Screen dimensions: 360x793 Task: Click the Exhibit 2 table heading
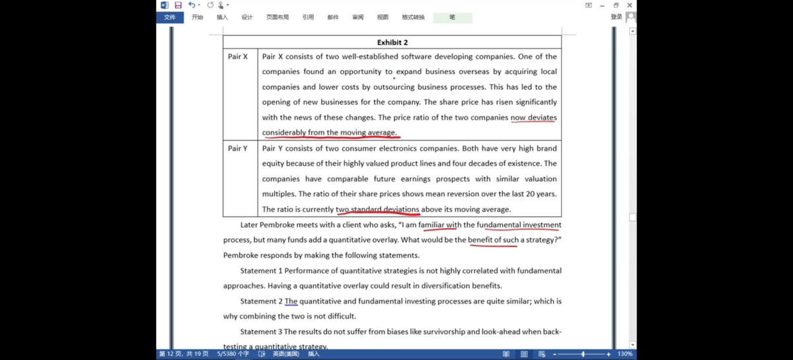coord(392,42)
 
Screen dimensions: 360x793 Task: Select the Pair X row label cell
coord(238,57)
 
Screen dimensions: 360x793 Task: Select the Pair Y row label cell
coord(238,149)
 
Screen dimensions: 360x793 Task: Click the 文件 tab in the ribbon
coord(170,17)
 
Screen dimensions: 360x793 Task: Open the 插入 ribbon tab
coord(222,17)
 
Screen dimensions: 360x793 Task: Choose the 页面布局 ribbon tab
coord(278,17)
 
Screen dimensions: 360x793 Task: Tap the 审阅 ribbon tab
coord(358,17)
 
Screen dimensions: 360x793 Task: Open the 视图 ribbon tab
coord(383,17)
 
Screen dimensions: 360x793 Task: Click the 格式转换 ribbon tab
coord(413,17)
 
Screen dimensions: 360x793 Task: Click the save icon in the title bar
coord(178,5)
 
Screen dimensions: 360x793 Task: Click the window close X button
coord(630,5)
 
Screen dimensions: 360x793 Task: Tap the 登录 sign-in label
coord(616,17)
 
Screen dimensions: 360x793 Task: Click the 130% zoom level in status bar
coord(624,354)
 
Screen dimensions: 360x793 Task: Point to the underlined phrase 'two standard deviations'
coord(377,209)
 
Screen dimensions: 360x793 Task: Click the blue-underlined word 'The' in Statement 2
coord(291,301)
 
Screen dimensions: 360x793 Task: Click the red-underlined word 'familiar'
coord(432,225)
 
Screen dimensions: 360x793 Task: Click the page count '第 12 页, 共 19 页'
coord(184,354)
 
